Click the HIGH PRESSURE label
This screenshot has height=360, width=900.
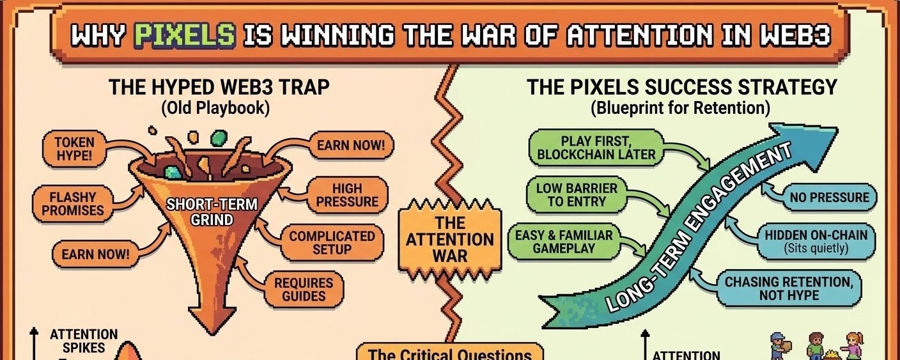pyautogui.click(x=347, y=196)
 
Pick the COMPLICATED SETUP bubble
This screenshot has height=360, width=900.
pyautogui.click(x=332, y=242)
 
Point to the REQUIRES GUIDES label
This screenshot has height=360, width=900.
pyautogui.click(x=304, y=289)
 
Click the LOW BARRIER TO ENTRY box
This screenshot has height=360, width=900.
pyautogui.click(x=577, y=195)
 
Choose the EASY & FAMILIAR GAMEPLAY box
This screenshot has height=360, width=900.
pyautogui.click(x=564, y=242)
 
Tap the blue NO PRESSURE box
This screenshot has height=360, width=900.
pyautogui.click(x=830, y=198)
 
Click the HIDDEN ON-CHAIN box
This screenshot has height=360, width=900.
pyautogui.click(x=816, y=242)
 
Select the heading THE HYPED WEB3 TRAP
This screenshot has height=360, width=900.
pyautogui.click(x=219, y=86)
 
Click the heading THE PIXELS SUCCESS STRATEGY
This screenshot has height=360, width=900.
pyautogui.click(x=681, y=86)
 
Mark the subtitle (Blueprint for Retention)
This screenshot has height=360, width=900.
pyautogui.click(x=681, y=107)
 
